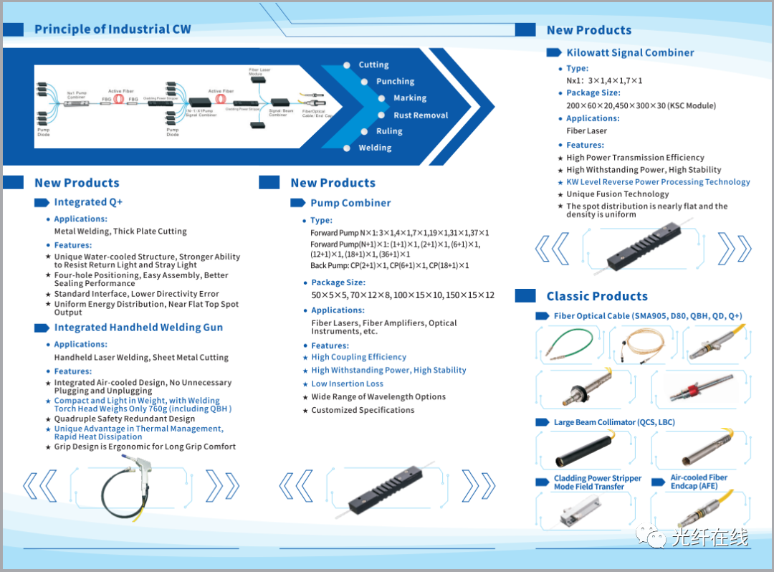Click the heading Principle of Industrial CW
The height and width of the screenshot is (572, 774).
pos(113,29)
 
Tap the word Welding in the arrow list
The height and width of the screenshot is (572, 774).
pos(375,148)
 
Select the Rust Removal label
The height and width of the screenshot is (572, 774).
pos(421,115)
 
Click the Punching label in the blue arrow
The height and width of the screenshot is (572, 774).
pos(395,82)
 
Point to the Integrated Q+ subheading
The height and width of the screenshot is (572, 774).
pos(88,202)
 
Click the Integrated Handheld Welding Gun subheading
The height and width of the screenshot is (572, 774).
pos(138,328)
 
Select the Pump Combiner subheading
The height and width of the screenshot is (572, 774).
pos(350,203)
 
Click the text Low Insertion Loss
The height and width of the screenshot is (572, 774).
pos(347,383)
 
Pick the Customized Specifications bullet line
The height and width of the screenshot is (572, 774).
pos(363,410)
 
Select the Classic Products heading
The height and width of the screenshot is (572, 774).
pos(597,296)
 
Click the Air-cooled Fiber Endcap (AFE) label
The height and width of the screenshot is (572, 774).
pos(699,482)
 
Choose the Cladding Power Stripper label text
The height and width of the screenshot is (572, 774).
pos(598,478)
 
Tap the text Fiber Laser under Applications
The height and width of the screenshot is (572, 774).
pos(586,131)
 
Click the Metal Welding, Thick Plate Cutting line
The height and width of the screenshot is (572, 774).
pos(120,232)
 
